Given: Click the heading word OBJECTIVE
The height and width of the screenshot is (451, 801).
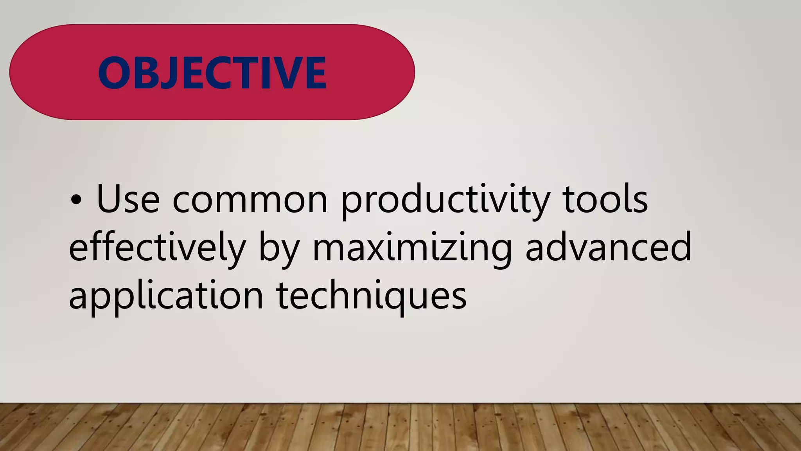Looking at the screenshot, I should point(212,73).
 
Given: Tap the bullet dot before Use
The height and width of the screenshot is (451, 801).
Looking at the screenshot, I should point(76,200).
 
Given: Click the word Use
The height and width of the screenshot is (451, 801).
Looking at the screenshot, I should point(128,199).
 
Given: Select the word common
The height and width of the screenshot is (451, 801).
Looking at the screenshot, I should point(250,200).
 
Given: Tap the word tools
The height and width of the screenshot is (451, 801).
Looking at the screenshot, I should point(605,199).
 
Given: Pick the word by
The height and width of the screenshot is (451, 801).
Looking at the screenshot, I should point(278,248).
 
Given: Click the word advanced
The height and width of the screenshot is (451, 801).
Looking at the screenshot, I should point(609,247).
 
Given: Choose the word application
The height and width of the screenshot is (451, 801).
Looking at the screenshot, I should point(166,296).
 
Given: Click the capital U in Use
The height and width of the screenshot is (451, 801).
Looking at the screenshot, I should point(111,199).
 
